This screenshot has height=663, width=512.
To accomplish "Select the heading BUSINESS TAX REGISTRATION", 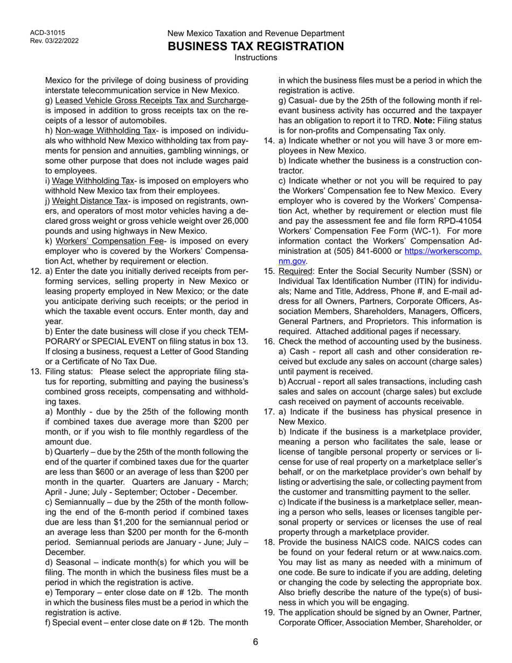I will (x=255, y=46).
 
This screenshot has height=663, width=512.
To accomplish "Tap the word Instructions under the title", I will (x=255, y=57).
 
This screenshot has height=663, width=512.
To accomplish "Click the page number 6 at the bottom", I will (x=255, y=641).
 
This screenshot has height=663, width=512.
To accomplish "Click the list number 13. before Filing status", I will (x=36, y=372).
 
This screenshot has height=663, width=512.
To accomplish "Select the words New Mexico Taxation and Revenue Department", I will (x=255, y=33).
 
